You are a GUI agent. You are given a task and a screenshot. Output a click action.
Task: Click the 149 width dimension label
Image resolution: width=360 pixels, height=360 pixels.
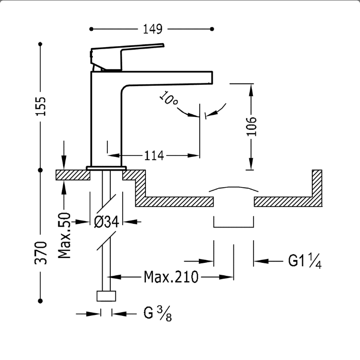pyautogui.click(x=153, y=29)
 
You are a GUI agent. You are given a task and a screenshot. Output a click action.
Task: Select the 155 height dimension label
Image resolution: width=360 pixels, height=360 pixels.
pyautogui.click(x=41, y=106)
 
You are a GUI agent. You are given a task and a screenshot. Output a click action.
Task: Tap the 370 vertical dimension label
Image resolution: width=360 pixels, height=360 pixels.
pyautogui.click(x=41, y=253)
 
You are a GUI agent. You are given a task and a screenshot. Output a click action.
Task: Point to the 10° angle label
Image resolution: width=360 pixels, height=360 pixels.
pyautogui.click(x=168, y=99)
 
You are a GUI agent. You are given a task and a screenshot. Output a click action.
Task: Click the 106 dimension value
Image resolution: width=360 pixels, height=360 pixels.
pyautogui.click(x=252, y=127)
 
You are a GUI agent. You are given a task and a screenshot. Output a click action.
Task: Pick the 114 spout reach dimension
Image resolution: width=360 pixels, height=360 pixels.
pyautogui.click(x=154, y=155)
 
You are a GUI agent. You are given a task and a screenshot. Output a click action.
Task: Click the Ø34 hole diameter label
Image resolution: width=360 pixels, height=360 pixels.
pyautogui.click(x=107, y=222)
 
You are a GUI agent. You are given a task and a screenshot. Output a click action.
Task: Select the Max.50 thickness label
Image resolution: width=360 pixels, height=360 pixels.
pyautogui.click(x=64, y=235)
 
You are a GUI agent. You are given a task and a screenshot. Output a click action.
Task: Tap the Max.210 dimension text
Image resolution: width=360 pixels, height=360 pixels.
pyautogui.click(x=171, y=277)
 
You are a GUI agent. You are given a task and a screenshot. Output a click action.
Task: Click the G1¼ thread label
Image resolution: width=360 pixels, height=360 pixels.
pyautogui.click(x=305, y=261)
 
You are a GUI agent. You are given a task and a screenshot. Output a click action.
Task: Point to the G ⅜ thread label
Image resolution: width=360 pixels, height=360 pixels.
pyautogui.click(x=157, y=313)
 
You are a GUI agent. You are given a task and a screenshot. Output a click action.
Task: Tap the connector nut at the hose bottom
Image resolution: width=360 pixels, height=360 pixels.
pyautogui.click(x=106, y=296)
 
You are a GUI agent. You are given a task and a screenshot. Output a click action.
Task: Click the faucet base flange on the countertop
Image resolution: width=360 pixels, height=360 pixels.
pyautogui.click(x=106, y=168)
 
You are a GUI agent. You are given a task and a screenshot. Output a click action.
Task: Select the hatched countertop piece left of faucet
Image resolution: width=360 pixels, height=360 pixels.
pyautogui.click(x=73, y=175)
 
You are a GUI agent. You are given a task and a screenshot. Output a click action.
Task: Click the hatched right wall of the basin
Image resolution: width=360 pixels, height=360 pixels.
pyautogui.click(x=317, y=188)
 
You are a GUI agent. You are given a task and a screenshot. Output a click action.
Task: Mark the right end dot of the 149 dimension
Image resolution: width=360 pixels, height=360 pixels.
pyautogui.click(x=212, y=29)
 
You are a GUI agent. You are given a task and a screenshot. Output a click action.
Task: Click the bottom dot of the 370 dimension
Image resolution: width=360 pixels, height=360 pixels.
pyautogui.click(x=40, y=301)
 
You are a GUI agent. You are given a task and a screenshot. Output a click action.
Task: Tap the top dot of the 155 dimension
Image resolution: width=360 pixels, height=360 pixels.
pyautogui.click(x=40, y=44)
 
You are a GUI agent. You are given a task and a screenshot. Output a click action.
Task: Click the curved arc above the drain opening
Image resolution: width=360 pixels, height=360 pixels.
pyautogui.click(x=234, y=188)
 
